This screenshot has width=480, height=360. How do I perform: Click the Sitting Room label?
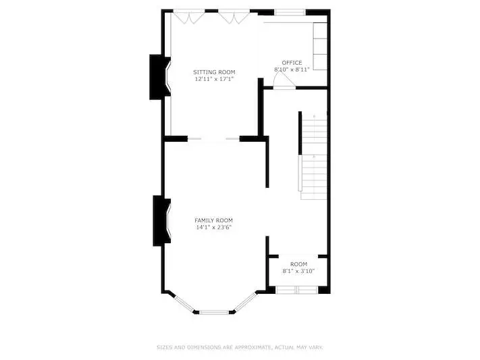pos(214,72)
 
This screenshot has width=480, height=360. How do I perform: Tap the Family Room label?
pos(214,220)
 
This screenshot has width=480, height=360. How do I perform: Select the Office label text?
pos(292,63)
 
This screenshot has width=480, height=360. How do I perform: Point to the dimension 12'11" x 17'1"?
pos(214,79)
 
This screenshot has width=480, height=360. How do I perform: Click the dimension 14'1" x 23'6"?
pos(214,228)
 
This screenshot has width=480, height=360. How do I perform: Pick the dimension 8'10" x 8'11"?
pos(292,70)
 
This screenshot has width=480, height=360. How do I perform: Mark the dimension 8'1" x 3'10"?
pos(298,271)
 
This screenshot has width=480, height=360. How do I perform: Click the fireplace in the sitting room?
pos(160,77)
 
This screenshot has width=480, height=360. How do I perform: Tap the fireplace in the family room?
pos(162,221)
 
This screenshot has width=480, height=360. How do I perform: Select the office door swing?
pos(284,80)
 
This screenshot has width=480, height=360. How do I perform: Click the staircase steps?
pos(314,156)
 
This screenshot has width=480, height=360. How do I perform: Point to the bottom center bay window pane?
pos(214,313)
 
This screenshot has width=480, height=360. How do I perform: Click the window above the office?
pos(290,12)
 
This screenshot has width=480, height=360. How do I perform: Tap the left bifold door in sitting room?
pos(189,17)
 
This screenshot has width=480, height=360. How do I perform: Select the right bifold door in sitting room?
pos(234,17)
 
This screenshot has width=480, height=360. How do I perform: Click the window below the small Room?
pos(297,290)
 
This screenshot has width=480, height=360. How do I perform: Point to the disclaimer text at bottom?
pos(240,347)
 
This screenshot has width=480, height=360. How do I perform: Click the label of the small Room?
pos(298,264)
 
